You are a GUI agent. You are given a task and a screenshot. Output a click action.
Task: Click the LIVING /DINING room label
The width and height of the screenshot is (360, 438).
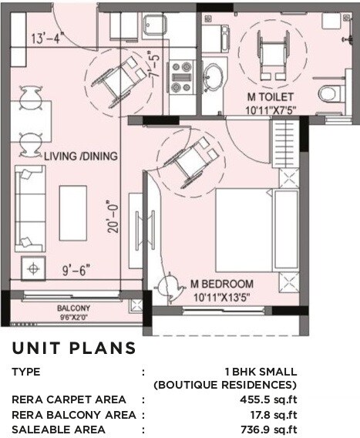[80, 156]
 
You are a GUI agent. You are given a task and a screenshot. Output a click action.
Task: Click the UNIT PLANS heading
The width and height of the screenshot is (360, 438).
[74, 349]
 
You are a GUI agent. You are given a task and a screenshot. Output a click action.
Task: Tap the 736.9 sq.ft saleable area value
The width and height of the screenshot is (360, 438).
[269, 430]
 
